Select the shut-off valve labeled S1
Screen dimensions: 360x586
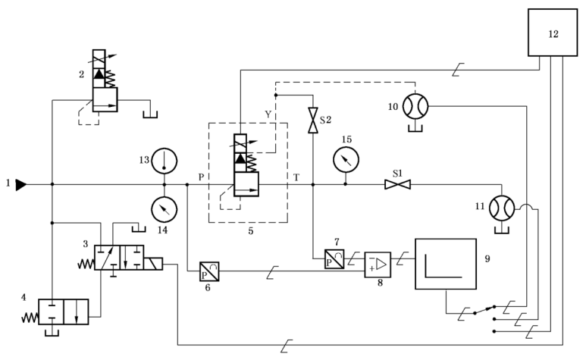(x=396, y=184)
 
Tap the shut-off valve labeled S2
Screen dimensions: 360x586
(x=312, y=121)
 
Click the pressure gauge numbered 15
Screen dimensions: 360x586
(x=346, y=159)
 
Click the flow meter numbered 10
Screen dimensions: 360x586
(x=415, y=107)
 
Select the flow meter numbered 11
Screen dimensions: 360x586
(x=500, y=206)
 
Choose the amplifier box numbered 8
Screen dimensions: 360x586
(x=378, y=265)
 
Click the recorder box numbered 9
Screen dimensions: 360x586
(x=446, y=264)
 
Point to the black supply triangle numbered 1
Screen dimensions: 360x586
(x=20, y=184)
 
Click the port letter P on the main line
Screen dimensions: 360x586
(x=201, y=177)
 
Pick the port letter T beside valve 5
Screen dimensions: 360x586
(x=296, y=177)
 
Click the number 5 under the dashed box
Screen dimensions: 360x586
(x=250, y=231)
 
